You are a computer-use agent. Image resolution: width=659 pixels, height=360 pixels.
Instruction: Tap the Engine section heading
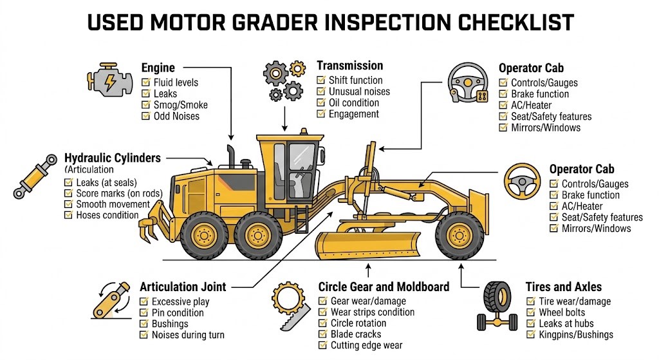(158, 68)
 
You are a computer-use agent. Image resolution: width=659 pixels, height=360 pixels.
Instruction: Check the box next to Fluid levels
(145, 82)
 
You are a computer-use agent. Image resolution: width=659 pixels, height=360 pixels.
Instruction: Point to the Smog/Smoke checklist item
(180, 105)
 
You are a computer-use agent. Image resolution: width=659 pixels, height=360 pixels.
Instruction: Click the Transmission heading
(349, 66)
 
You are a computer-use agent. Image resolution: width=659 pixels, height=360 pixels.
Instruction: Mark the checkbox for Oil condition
(321, 103)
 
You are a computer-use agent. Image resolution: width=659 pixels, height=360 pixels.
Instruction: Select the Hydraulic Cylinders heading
(113, 158)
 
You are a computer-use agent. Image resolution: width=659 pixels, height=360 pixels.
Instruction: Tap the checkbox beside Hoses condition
(68, 215)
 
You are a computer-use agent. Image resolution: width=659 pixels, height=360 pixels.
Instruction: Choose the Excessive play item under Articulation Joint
(180, 301)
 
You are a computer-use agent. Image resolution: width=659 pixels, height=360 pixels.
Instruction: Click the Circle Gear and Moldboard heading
(384, 287)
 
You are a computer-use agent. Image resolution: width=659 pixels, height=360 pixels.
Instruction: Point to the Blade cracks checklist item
(355, 334)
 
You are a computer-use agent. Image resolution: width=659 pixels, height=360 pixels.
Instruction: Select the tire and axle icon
(497, 308)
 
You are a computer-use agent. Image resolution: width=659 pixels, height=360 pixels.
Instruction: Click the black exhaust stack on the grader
(230, 158)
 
